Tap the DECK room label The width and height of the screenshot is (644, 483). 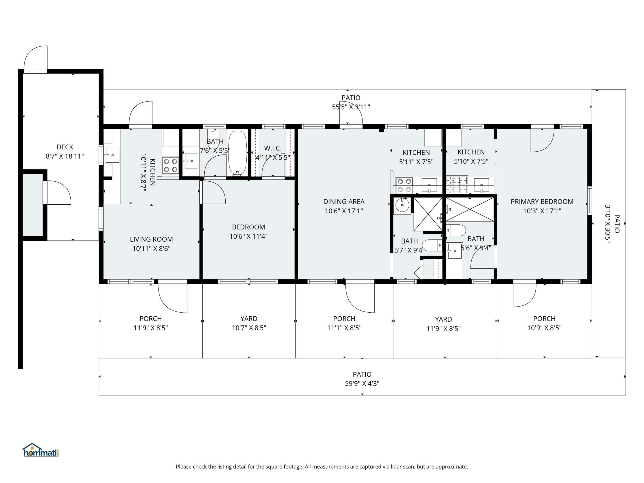point(65,147)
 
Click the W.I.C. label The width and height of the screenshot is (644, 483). point(273,148)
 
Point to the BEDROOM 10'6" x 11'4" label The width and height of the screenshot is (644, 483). point(248,227)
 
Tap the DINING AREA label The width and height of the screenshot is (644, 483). point(344,201)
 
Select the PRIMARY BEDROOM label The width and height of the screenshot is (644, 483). point(542,201)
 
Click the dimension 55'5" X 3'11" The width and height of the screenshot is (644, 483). point(351,107)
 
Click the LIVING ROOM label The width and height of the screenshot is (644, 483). point(151,239)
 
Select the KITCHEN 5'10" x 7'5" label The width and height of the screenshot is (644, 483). point(471,152)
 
